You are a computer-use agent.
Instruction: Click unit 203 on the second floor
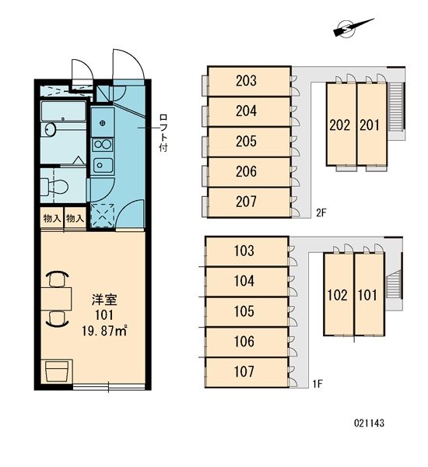coord(247,81)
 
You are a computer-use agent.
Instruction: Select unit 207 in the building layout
coord(247,202)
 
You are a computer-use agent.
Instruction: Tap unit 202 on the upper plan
coord(339,124)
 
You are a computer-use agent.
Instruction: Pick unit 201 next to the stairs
coord(370,124)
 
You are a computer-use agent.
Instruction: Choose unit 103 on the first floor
coord(244,251)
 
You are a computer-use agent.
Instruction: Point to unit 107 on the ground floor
coord(244,371)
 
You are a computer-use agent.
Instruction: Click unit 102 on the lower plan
coord(337,295)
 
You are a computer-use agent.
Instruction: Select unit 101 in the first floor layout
coord(367,295)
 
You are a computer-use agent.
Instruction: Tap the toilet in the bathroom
coord(56,186)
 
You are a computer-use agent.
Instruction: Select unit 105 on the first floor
coord(244,311)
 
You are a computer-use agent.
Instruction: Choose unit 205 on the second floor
coord(247,141)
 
